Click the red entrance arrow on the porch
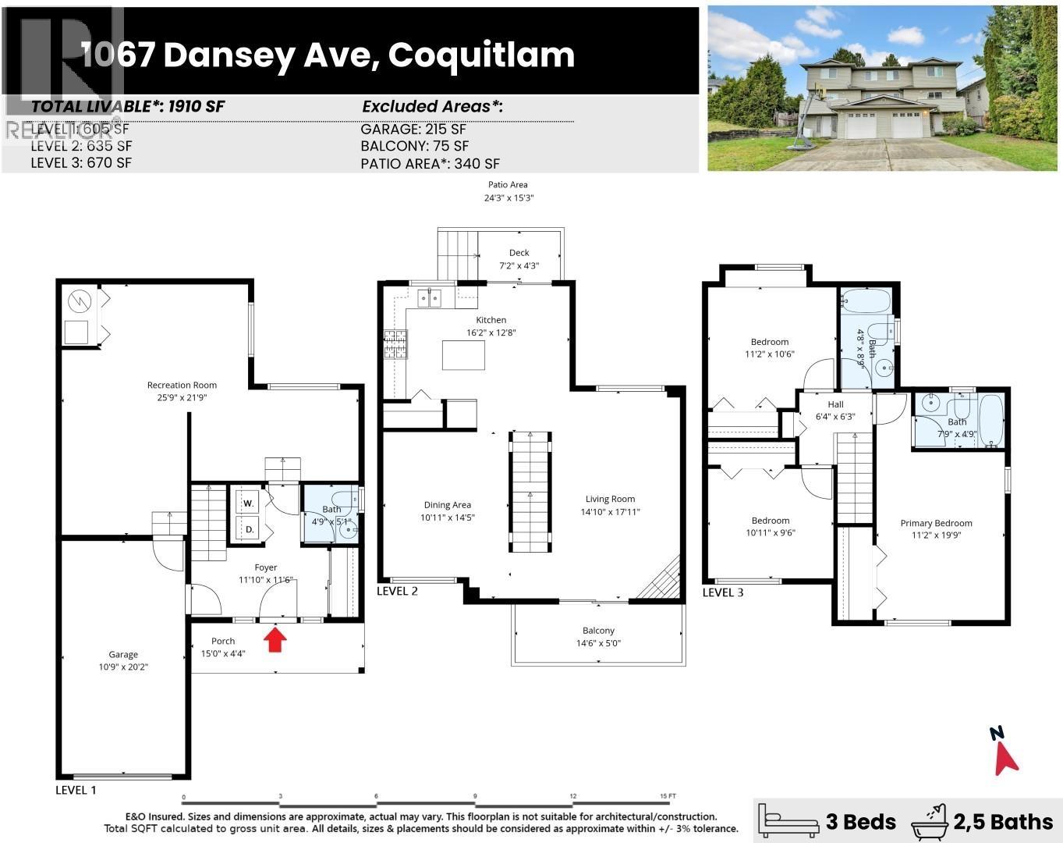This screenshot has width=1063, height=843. pyautogui.click(x=275, y=640)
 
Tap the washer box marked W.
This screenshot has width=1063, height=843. pyautogui.click(x=249, y=503)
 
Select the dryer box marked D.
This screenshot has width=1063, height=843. pyautogui.click(x=249, y=529)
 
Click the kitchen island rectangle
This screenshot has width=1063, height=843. pyautogui.click(x=463, y=354)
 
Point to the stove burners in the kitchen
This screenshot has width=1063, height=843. pyautogui.click(x=395, y=344)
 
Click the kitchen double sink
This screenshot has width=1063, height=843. pyautogui.click(x=429, y=297)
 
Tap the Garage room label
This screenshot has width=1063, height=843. pyautogui.click(x=123, y=655)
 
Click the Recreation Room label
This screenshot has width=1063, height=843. pyautogui.click(x=182, y=385)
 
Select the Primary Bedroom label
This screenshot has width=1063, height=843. pyautogui.click(x=936, y=523)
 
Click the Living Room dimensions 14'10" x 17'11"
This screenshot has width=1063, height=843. pyautogui.click(x=610, y=512)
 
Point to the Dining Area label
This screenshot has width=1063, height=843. pyautogui.click(x=448, y=505)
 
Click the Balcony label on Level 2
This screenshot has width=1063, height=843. pyautogui.click(x=598, y=631)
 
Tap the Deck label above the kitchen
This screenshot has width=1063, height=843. pyautogui.click(x=519, y=253)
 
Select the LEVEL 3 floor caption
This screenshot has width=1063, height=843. pyautogui.click(x=723, y=592)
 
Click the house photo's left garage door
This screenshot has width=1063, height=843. pyautogui.click(x=862, y=126)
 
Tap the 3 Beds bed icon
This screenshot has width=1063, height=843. pyautogui.click(x=789, y=820)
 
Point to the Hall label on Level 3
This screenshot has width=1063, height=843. pyautogui.click(x=835, y=404)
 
